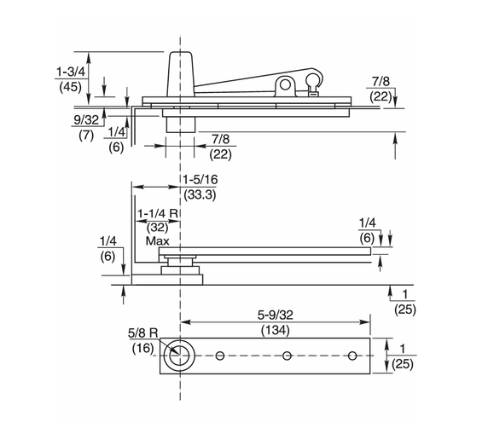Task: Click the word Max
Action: click(157, 241)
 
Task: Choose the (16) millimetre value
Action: click(143, 347)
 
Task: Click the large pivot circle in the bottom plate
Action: click(179, 356)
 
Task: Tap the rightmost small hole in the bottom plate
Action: click(354, 356)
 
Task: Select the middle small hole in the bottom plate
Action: click(288, 356)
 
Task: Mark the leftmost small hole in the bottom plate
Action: click(221, 356)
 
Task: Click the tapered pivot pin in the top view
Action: click(181, 73)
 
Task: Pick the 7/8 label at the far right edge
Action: click(381, 80)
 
